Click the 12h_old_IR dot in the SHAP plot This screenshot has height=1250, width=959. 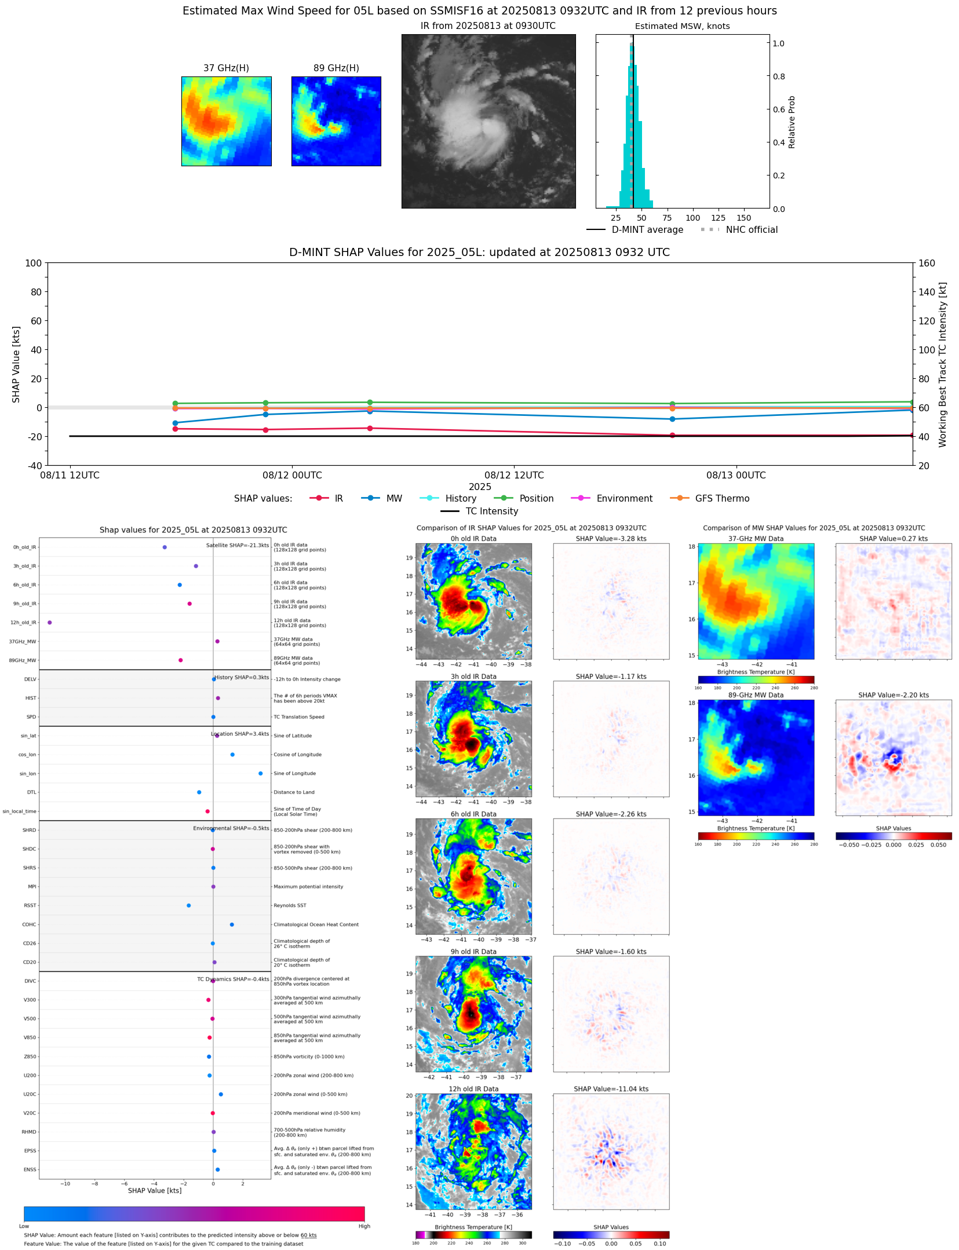click(x=50, y=623)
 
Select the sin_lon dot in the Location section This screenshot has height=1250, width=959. click(x=260, y=773)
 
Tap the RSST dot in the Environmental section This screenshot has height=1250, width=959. click(x=188, y=905)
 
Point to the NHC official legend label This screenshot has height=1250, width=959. click(x=752, y=229)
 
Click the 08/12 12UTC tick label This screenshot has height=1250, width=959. click(x=514, y=475)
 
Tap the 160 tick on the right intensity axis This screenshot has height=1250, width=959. click(x=927, y=263)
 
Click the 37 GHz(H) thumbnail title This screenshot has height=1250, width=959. click(x=226, y=68)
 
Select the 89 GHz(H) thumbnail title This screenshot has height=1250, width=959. click(x=336, y=68)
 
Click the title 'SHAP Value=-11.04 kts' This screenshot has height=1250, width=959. click(x=611, y=1089)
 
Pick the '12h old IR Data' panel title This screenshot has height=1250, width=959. click(x=473, y=1089)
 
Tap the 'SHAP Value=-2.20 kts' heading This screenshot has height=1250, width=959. click(x=893, y=695)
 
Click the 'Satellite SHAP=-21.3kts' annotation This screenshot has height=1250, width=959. click(x=238, y=545)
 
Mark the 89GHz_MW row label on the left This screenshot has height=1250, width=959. click(x=23, y=660)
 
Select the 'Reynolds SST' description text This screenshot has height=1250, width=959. click(x=290, y=905)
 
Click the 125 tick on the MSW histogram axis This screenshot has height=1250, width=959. click(x=718, y=218)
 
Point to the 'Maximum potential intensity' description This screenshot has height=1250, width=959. click(x=308, y=887)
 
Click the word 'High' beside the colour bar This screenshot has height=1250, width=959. click(x=364, y=1226)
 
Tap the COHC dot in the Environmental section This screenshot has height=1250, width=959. click(x=232, y=924)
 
